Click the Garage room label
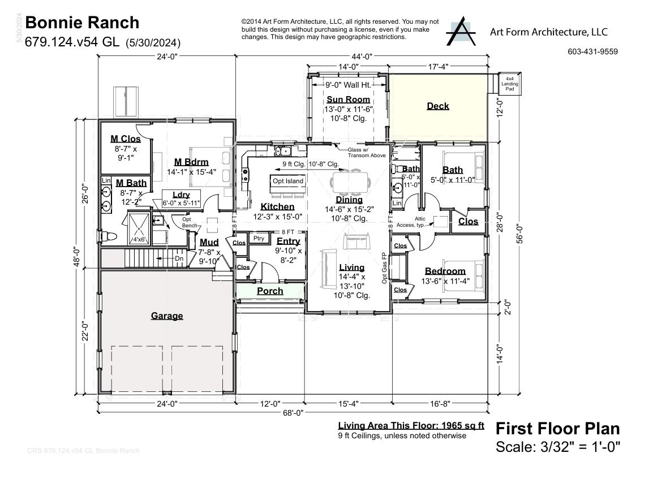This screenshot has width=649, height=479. [x=166, y=316]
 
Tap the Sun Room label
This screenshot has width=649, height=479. [x=348, y=100]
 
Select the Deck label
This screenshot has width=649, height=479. [x=437, y=106]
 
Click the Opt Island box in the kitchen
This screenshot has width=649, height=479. [x=288, y=181]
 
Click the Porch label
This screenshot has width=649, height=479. [x=270, y=291]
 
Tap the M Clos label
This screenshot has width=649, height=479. [x=125, y=139]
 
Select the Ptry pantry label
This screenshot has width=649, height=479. [x=259, y=238]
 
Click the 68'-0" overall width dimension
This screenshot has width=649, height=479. [x=293, y=413]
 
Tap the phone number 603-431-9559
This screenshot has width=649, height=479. [x=592, y=51]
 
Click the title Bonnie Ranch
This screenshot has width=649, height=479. [x=82, y=23]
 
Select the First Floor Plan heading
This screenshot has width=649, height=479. [x=557, y=428]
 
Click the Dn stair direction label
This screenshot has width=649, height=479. [x=179, y=258]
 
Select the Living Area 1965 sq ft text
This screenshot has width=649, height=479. [x=411, y=426]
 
